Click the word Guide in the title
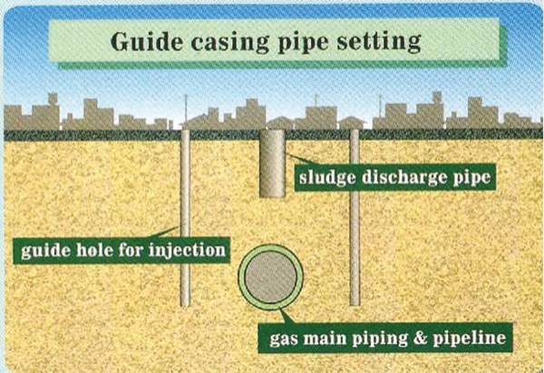[147, 42]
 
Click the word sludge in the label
[330, 177]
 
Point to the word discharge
[403, 177]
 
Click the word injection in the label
[187, 248]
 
